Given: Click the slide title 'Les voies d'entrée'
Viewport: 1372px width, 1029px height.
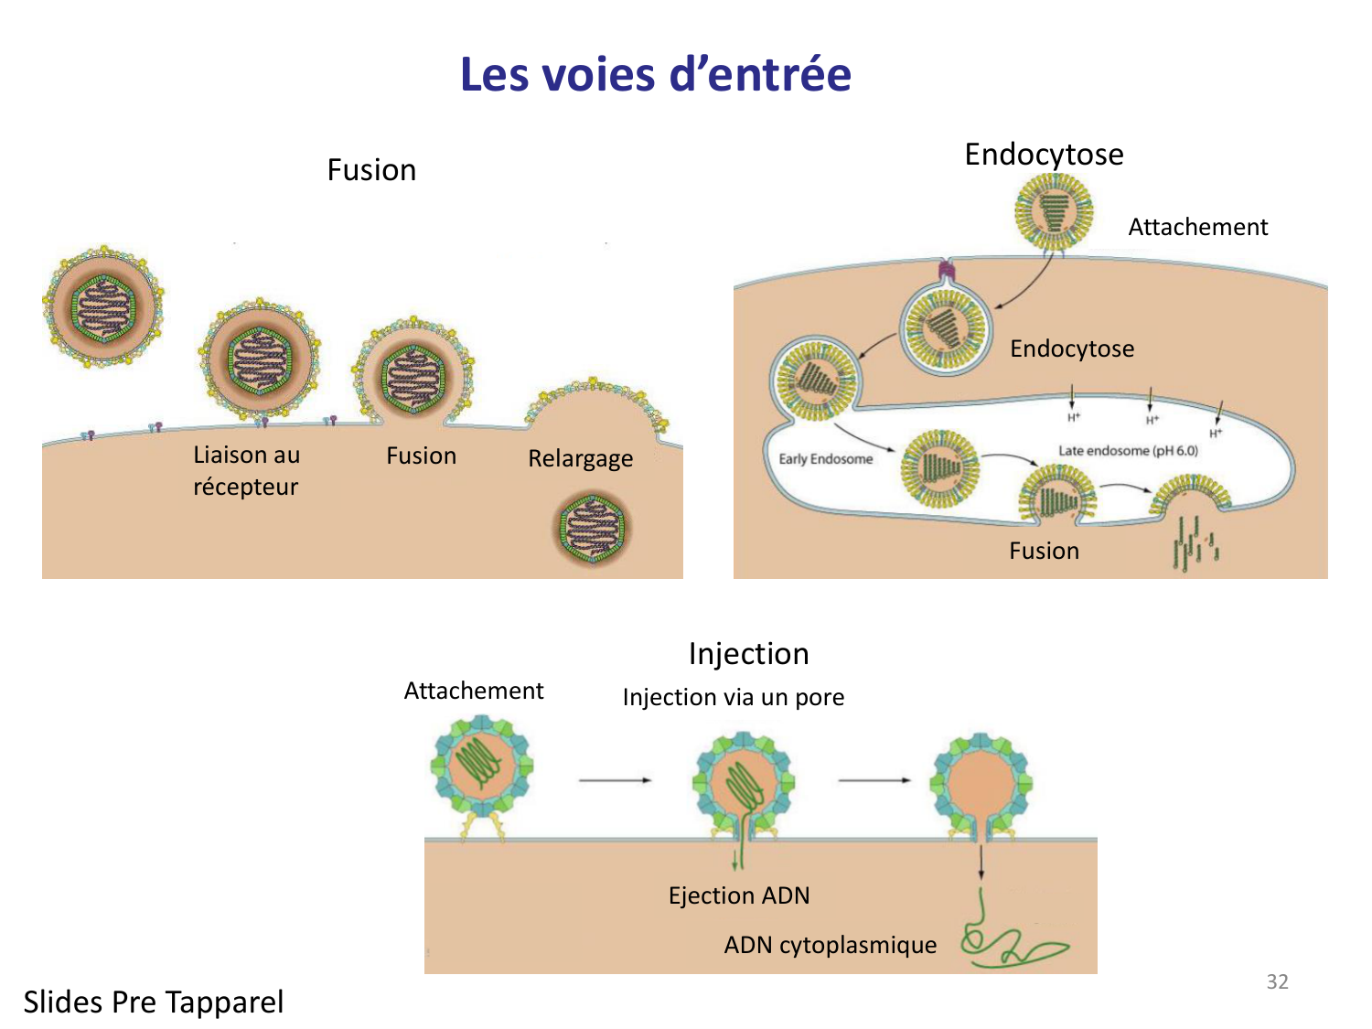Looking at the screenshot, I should pyautogui.click(x=655, y=74).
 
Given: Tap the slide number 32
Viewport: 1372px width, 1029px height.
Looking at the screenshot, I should pyautogui.click(x=1277, y=981).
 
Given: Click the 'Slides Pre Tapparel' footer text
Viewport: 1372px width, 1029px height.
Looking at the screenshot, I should pyautogui.click(x=154, y=1002).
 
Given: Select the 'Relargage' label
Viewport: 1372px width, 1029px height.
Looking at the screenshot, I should pyautogui.click(x=580, y=457).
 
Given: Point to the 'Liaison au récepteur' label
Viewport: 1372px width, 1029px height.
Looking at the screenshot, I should pyautogui.click(x=246, y=470).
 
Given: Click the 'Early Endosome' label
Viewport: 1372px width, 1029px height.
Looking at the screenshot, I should pyautogui.click(x=825, y=458).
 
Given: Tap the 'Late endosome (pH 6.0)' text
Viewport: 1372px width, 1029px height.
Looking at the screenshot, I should pyautogui.click(x=1128, y=450).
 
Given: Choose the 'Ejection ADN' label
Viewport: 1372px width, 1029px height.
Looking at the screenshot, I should pyautogui.click(x=739, y=895).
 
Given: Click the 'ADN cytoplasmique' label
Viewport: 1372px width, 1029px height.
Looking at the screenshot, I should pyautogui.click(x=830, y=945).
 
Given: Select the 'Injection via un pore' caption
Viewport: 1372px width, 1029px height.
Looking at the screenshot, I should pyautogui.click(x=733, y=697).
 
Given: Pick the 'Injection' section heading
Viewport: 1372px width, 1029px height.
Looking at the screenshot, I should pyautogui.click(x=748, y=653).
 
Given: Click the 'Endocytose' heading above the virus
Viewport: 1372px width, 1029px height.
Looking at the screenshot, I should pyautogui.click(x=1044, y=154).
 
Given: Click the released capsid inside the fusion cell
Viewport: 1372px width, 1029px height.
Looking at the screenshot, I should pyautogui.click(x=593, y=529).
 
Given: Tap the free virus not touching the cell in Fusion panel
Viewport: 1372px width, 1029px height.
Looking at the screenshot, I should pyautogui.click(x=103, y=306).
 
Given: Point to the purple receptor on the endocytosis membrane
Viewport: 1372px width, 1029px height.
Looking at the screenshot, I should pyautogui.click(x=945, y=271).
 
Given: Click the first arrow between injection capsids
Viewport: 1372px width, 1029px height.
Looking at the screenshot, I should pyautogui.click(x=615, y=780).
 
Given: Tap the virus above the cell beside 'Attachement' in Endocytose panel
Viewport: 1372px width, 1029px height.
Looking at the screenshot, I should pyautogui.click(x=1054, y=211).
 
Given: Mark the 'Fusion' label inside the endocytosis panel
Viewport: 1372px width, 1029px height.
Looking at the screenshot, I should pyautogui.click(x=1044, y=551).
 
